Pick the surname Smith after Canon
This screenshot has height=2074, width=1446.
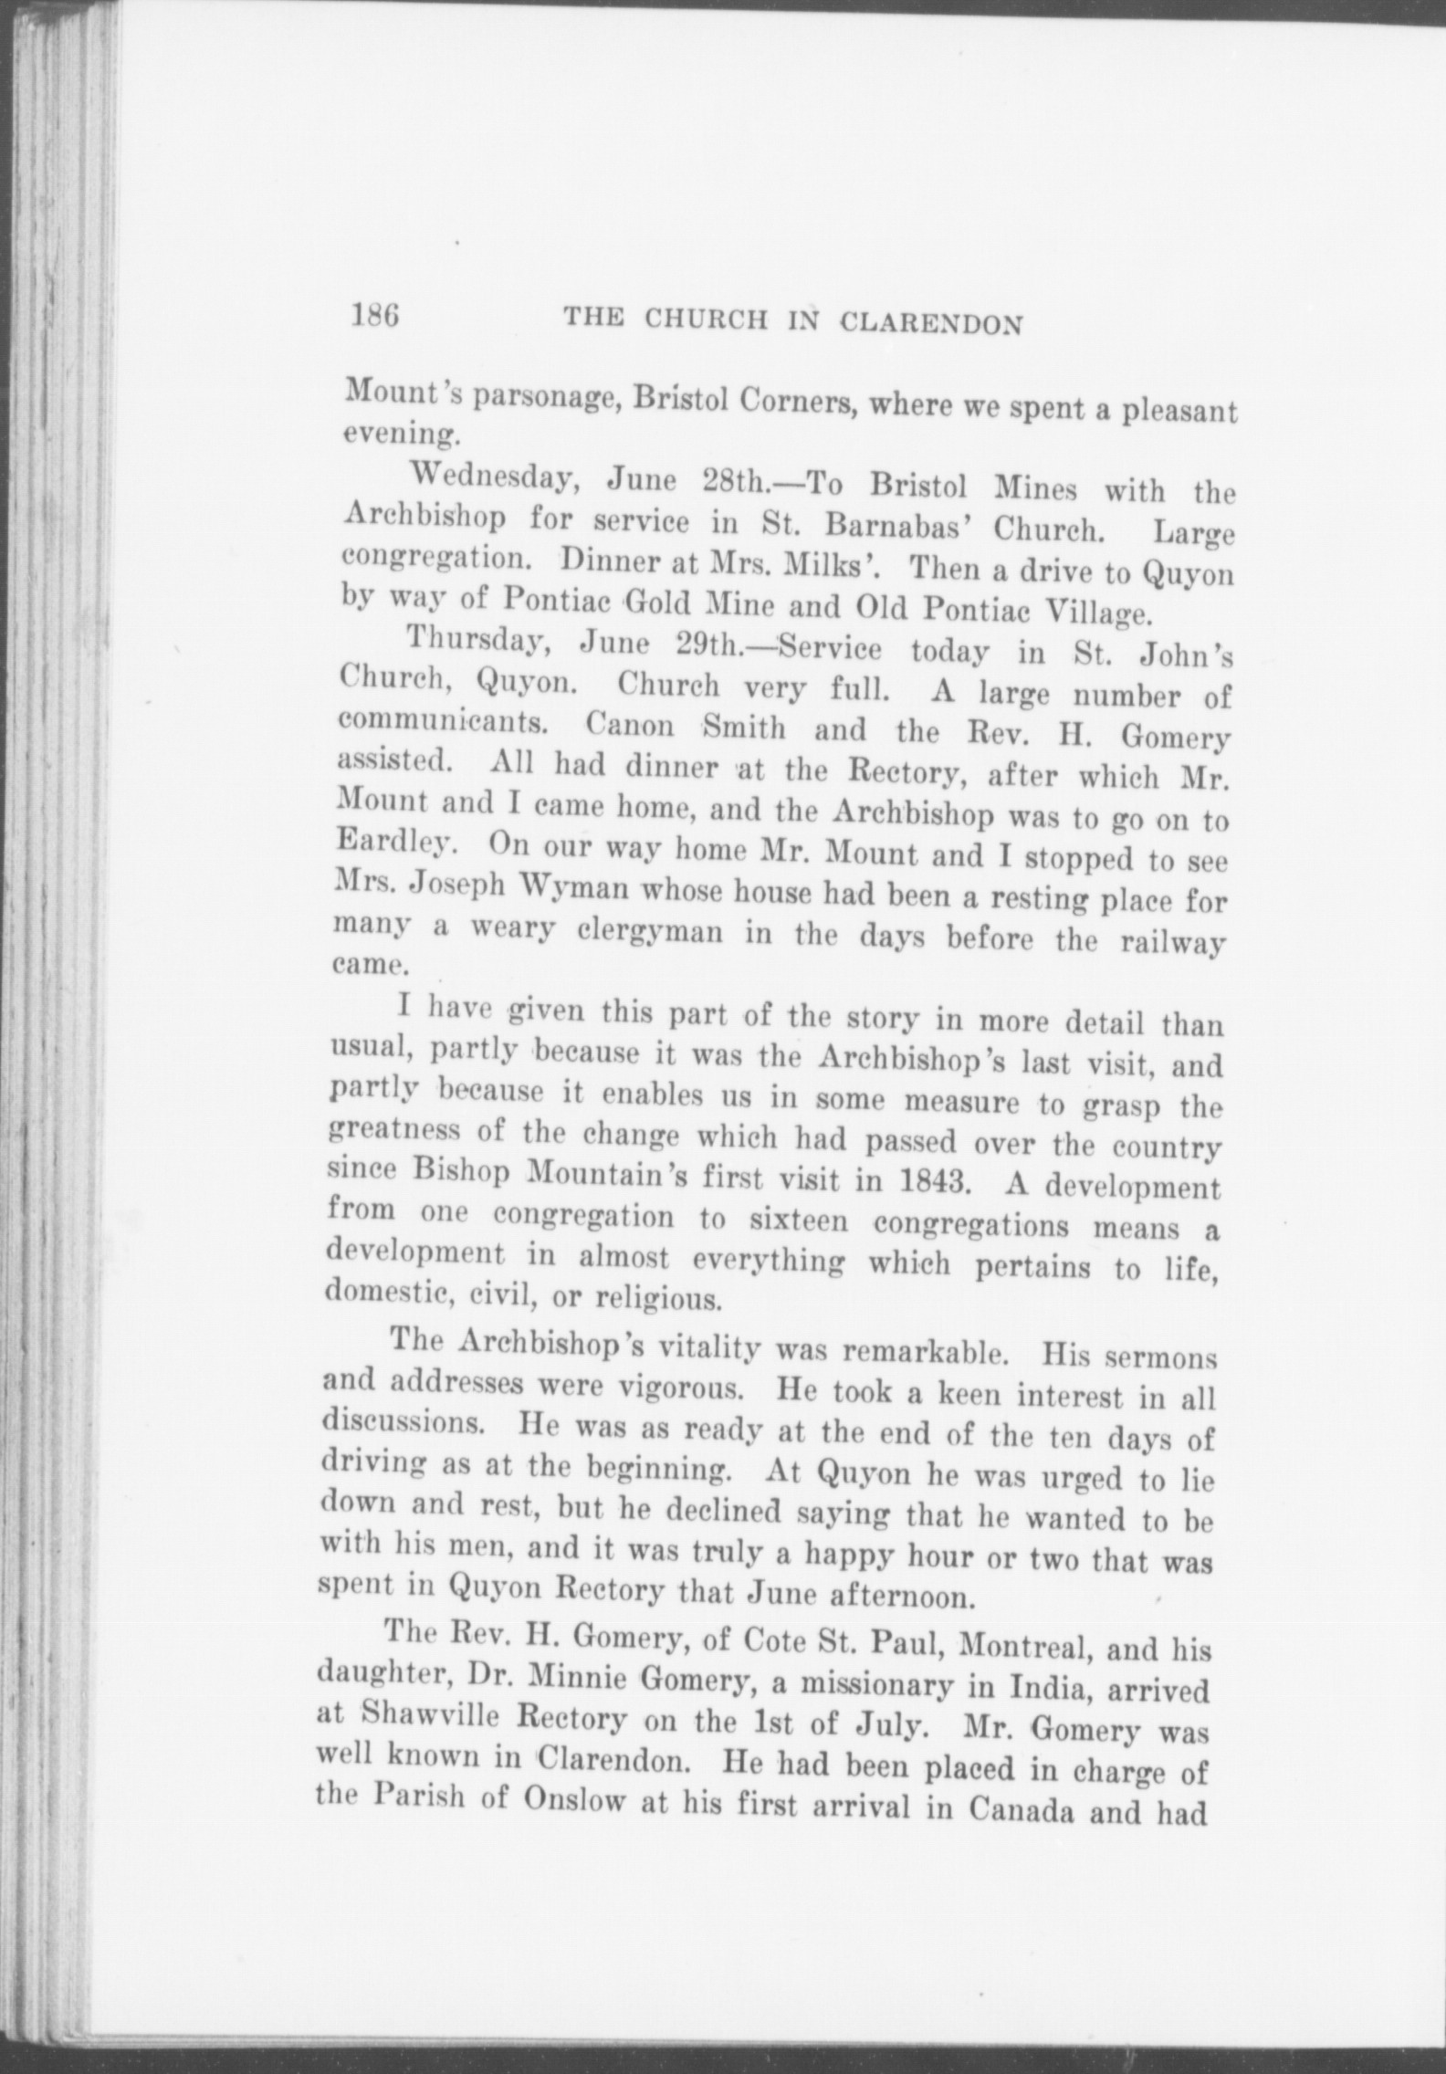tap(743, 728)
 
